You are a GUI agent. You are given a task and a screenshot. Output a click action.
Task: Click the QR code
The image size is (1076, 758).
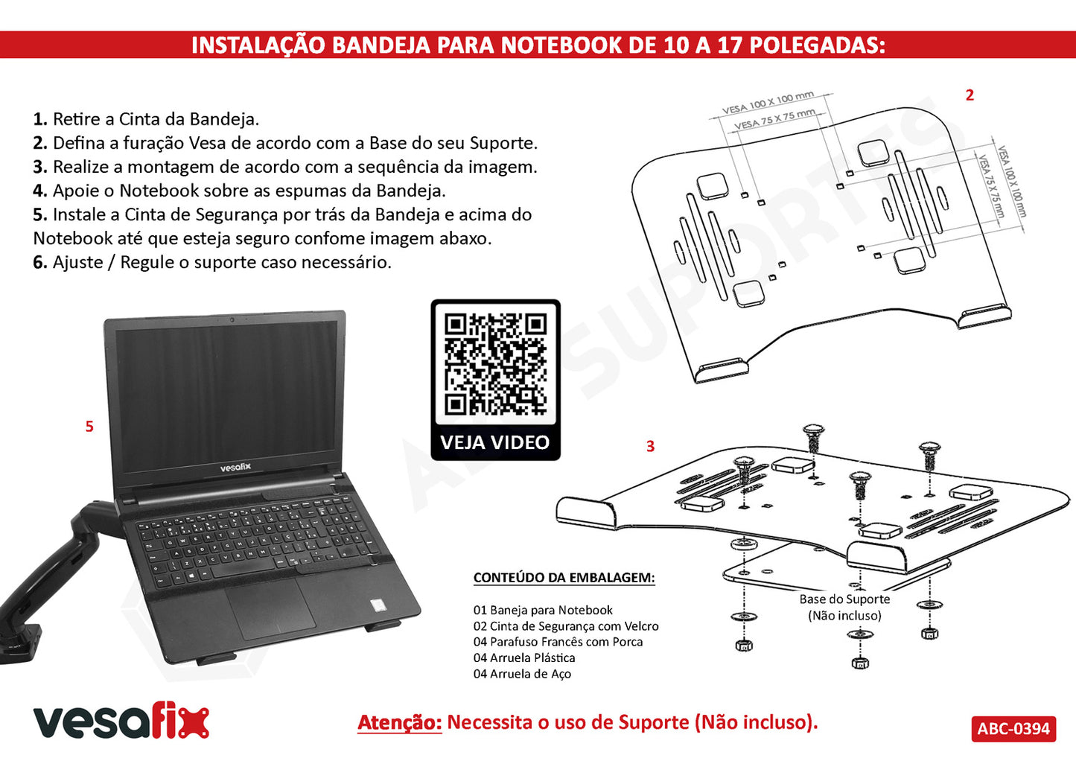coord(495,363)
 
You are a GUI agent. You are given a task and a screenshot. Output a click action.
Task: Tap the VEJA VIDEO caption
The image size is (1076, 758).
coord(494,442)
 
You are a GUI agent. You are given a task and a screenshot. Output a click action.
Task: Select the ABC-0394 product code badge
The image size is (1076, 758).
coord(1013,729)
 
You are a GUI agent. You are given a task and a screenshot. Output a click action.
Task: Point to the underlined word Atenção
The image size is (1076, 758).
coord(399,722)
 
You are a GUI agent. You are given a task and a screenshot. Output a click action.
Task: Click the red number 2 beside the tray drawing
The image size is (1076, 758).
coord(970,95)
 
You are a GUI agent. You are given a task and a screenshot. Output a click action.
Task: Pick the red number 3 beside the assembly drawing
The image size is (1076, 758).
coord(650,446)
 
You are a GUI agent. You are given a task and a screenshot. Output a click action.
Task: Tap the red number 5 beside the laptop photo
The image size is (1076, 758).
coord(89,426)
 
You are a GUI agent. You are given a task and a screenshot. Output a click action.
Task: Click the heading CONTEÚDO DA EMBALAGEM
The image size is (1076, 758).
coord(564,577)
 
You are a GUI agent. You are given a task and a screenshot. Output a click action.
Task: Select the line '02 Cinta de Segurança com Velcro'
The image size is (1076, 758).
coord(566,626)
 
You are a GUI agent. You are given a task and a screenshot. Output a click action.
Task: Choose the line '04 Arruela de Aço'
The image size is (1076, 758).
coord(522,673)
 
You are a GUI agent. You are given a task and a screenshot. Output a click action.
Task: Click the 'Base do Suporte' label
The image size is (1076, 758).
coord(844,599)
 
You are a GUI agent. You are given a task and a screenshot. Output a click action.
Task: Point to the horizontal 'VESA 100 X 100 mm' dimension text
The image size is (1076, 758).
coord(768,102)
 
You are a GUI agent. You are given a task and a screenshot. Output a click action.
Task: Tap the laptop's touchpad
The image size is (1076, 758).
coord(271,609)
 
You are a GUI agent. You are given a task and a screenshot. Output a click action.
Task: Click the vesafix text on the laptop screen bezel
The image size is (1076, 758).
coord(235,468)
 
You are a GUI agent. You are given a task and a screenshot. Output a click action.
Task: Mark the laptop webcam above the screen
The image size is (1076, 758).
coord(232,319)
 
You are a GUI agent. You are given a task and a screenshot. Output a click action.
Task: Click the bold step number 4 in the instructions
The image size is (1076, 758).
coord(40,191)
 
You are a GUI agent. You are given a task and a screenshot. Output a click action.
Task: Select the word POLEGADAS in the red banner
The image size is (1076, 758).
coord(818,45)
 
